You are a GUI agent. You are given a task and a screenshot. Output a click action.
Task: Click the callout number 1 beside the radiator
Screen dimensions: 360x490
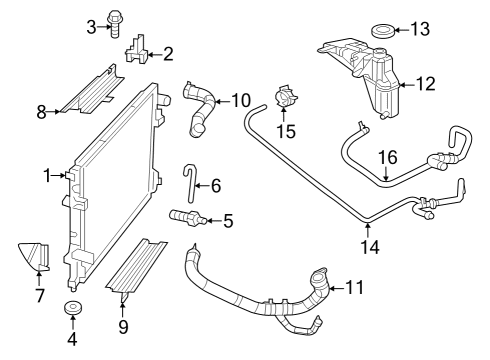pos(47,176)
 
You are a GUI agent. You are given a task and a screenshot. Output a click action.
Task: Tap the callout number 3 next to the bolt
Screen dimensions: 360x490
pos(90,26)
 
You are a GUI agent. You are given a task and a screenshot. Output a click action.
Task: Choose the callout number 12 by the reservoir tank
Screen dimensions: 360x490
pos(425,84)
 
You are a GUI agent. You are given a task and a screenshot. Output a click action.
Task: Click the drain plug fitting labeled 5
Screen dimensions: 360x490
pos(187,216)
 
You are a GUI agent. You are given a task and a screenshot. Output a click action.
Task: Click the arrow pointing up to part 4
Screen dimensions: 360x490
pos(72,326)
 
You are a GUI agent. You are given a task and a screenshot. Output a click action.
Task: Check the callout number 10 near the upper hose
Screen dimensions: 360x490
pos(241,99)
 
